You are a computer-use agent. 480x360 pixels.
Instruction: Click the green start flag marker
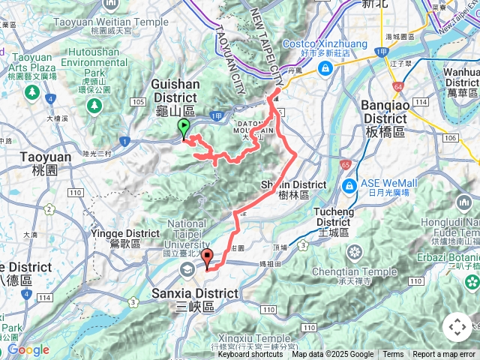pos(184,128)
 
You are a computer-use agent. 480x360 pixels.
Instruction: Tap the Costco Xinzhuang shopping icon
pos(325,69)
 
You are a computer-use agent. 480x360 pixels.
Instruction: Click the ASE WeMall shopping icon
pos(348,185)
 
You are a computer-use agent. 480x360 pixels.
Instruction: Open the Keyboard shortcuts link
pos(250,355)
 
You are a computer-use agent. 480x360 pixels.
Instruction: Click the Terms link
pos(393,355)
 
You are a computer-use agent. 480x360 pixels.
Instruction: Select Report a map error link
pos(444,355)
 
